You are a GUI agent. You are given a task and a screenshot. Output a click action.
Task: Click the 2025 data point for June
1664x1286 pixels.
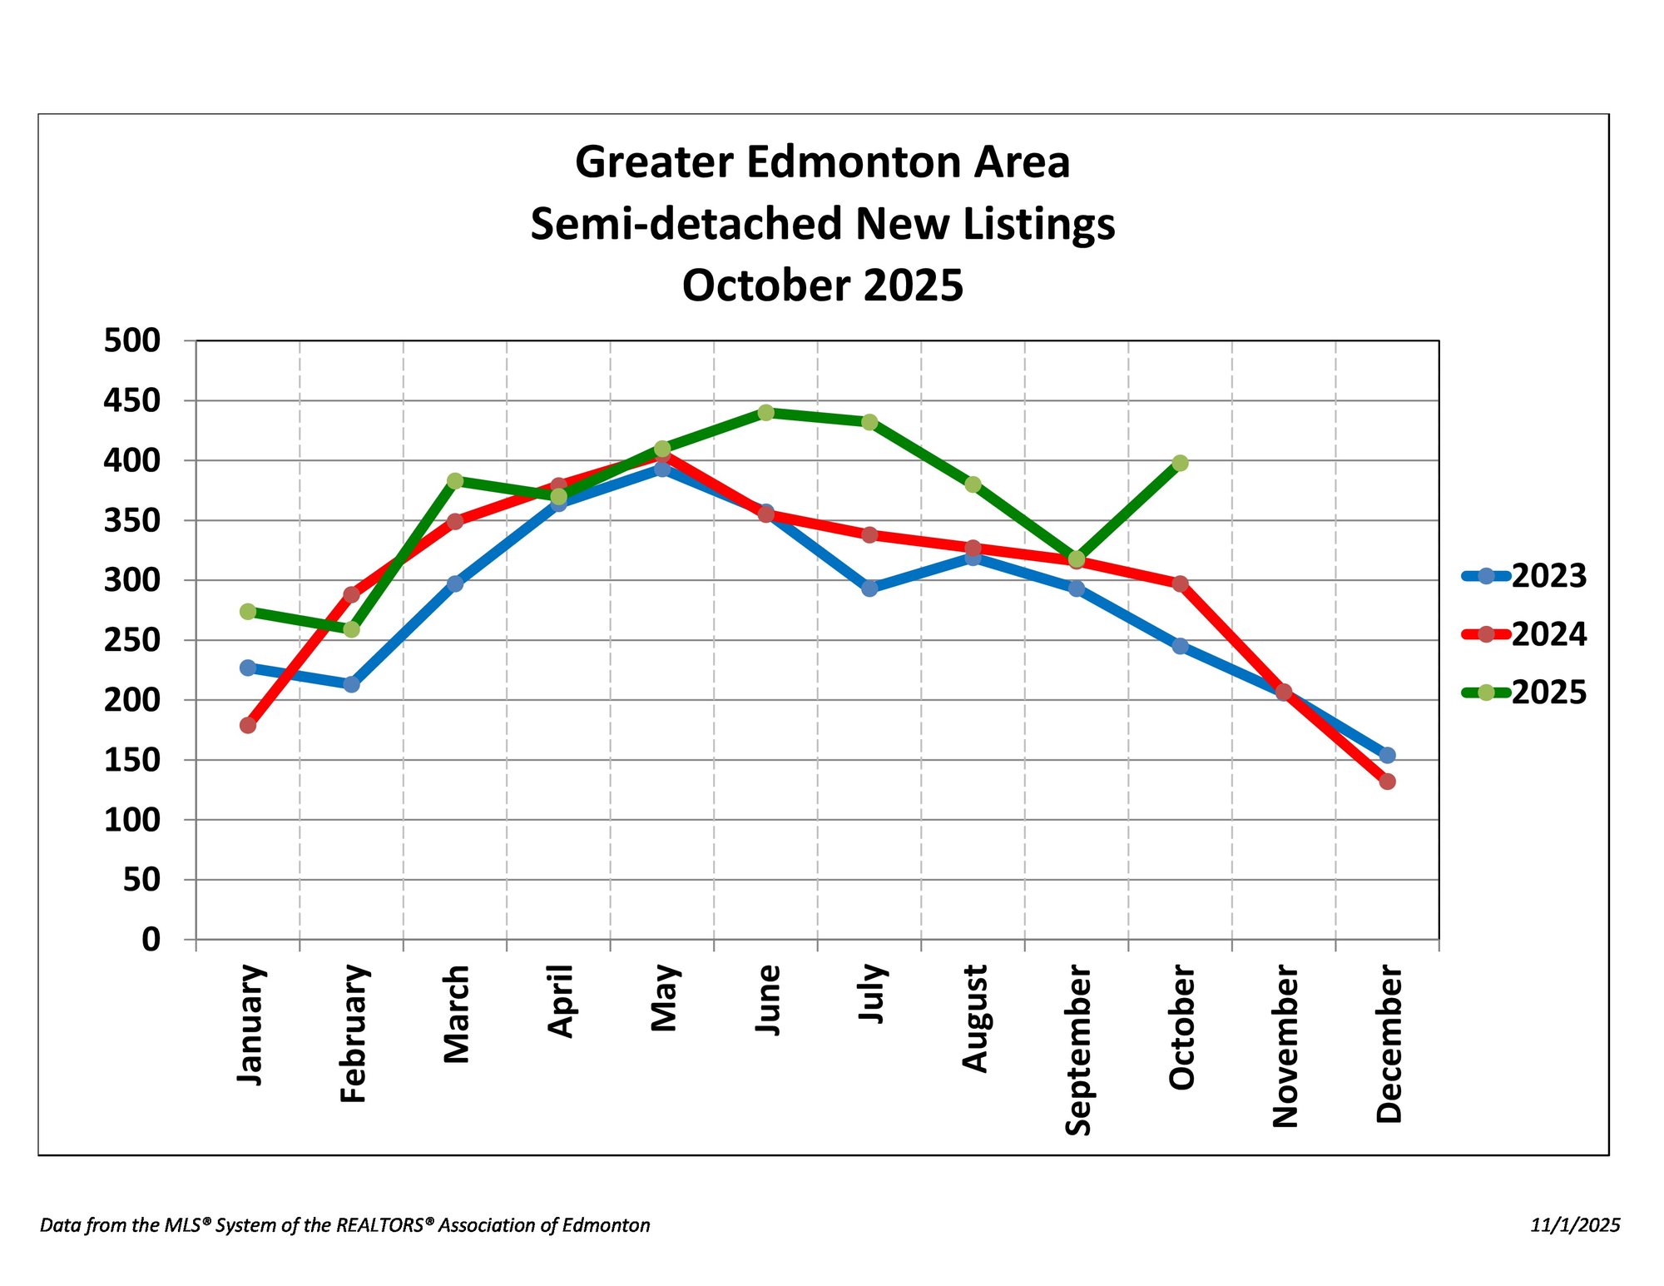click(766, 413)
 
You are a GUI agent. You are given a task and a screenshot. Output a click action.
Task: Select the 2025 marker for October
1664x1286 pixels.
click(1180, 463)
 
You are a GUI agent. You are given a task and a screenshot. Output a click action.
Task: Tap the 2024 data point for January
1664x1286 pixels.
click(248, 725)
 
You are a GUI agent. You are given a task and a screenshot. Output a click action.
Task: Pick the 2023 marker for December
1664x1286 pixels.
click(1387, 755)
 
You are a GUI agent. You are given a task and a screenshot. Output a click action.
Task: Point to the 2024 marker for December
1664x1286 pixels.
click(1387, 782)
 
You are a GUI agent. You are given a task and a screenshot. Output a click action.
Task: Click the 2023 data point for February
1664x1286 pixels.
click(352, 684)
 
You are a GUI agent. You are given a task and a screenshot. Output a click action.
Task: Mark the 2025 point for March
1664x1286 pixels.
click(455, 481)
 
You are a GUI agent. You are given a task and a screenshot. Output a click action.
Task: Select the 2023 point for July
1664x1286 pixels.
click(869, 588)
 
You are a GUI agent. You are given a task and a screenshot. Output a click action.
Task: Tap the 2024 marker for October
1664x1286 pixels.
click(1180, 583)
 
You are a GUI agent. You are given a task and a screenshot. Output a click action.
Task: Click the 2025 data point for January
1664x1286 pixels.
click(248, 612)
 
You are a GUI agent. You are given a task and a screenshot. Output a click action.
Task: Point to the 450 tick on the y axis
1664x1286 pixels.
click(131, 401)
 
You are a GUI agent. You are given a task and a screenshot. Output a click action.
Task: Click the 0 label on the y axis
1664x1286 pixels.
click(151, 940)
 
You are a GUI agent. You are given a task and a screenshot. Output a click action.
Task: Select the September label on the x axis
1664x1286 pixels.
click(1077, 1050)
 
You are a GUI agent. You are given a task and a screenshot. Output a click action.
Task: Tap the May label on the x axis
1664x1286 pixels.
click(664, 998)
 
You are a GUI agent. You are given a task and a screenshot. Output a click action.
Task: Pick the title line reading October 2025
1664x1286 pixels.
click(822, 286)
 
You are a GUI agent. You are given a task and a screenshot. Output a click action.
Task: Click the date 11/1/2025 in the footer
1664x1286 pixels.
click(1575, 1225)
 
